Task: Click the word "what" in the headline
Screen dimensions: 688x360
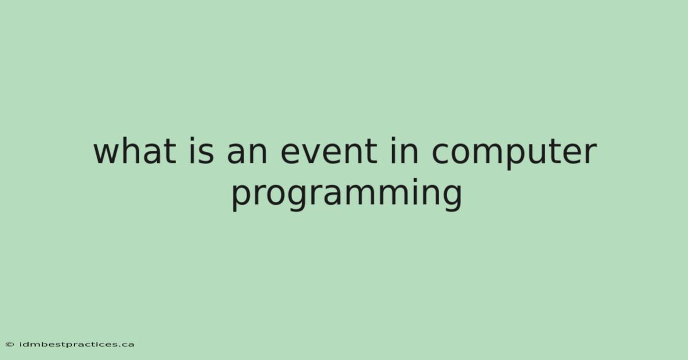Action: pos(135,151)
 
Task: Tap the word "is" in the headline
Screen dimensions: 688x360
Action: pos(201,151)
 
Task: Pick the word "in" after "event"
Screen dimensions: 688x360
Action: pos(405,151)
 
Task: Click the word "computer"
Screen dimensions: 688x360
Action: pos(514,155)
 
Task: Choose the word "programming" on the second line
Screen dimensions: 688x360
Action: pos(347,195)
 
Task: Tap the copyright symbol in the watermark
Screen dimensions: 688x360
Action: pos(10,345)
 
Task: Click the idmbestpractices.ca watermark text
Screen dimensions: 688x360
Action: pos(77,345)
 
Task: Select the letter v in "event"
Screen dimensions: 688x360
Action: pos(318,153)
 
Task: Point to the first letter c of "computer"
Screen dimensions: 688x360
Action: pos(441,153)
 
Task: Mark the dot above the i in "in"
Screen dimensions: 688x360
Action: pos(393,139)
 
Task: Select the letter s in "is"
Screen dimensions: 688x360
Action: pos(205,153)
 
